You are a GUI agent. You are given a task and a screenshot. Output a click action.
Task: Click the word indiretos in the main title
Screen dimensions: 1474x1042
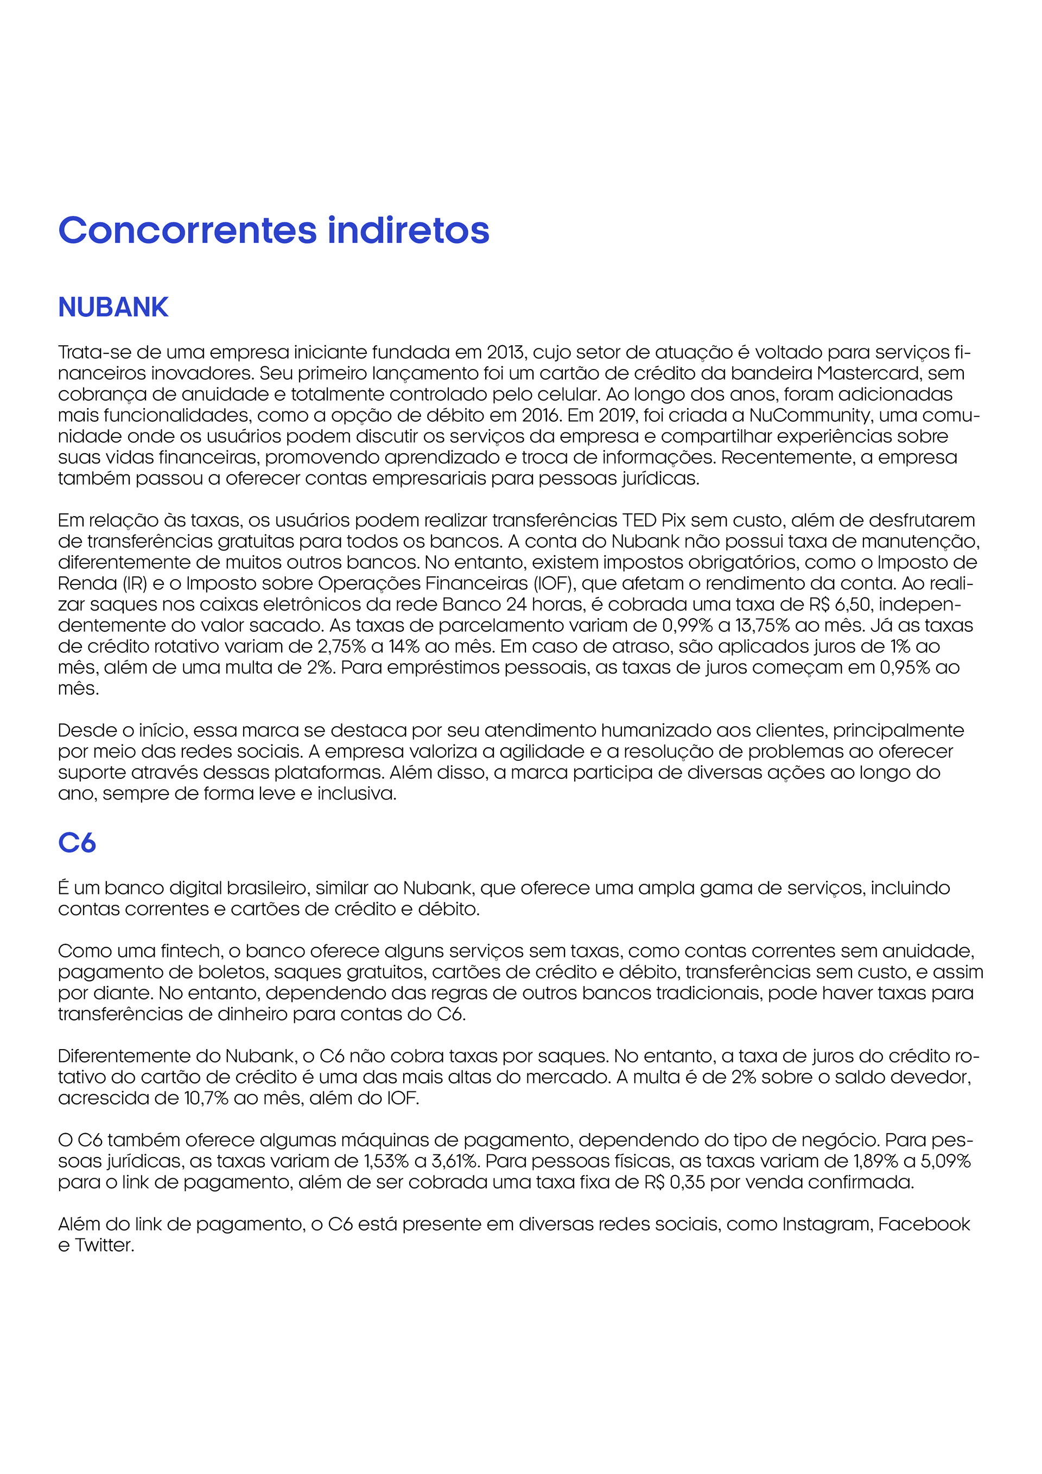click(408, 231)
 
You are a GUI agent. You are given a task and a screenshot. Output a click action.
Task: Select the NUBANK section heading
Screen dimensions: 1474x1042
click(113, 308)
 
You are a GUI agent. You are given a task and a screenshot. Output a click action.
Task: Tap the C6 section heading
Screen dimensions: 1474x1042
click(77, 843)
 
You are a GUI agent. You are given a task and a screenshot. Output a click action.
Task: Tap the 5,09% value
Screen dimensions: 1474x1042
click(944, 1161)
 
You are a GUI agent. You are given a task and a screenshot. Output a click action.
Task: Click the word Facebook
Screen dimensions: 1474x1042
click(924, 1224)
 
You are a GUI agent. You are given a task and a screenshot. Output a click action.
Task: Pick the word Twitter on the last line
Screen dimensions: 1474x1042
click(104, 1246)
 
